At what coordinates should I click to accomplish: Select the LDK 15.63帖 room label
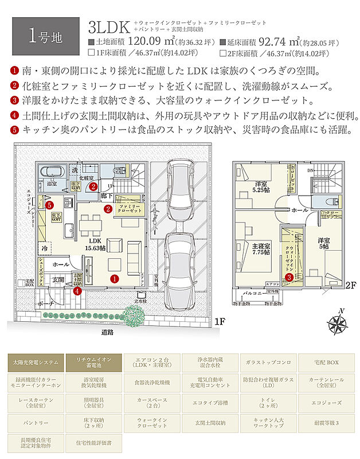pyautogui.click(x=95, y=245)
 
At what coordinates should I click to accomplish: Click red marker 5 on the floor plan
pyautogui.click(x=50, y=205)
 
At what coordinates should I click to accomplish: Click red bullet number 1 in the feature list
pyautogui.click(x=14, y=71)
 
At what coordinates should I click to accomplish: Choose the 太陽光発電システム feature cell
pyautogui.click(x=36, y=363)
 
